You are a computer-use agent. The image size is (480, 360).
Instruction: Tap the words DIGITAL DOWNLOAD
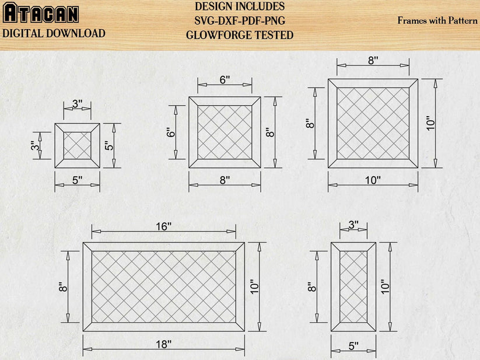[54, 33]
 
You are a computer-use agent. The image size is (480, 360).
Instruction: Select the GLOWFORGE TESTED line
[240, 35]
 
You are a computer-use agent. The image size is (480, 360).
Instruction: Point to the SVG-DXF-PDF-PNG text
[240, 21]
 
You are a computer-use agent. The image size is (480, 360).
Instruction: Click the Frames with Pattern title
[437, 20]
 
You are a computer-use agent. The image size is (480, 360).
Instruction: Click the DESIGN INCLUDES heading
[240, 7]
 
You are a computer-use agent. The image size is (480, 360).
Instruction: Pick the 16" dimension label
[163, 226]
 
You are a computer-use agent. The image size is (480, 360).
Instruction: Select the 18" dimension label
[163, 344]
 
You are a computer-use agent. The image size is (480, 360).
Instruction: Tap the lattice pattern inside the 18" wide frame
[163, 286]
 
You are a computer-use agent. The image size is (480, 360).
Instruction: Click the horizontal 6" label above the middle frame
[225, 80]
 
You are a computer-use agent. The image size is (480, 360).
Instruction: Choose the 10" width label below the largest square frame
[373, 180]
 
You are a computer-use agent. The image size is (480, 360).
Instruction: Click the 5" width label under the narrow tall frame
[353, 346]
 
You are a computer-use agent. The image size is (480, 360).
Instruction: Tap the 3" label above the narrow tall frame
[353, 225]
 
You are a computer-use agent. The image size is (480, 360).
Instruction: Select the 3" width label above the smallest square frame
[77, 104]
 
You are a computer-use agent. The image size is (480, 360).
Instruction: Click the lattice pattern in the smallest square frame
[77, 145]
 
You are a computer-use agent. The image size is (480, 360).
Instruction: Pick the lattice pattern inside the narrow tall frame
[353, 286]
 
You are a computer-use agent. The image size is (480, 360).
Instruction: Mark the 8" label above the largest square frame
[373, 60]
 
